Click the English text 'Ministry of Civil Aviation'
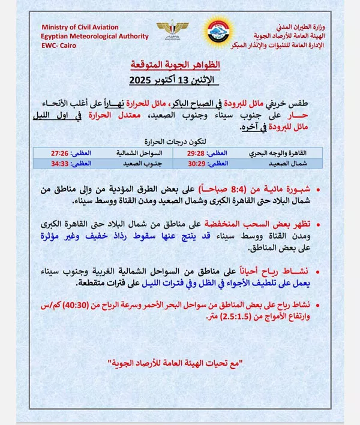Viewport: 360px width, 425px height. coord(80,28)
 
